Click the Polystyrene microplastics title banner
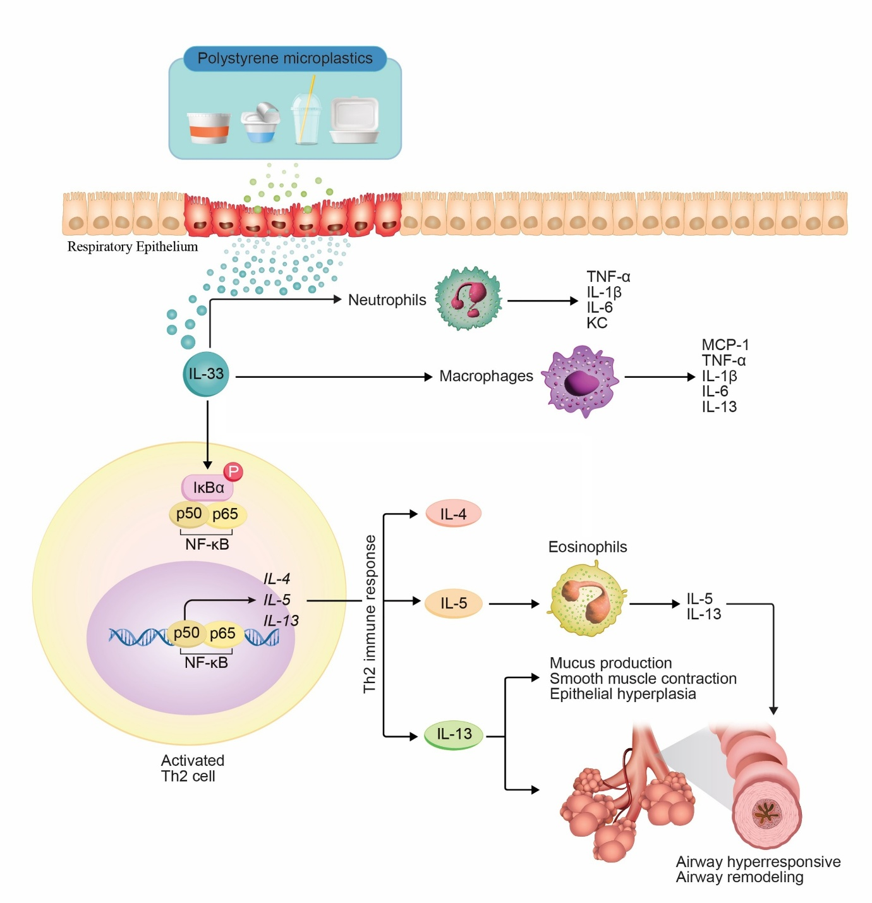pyautogui.click(x=284, y=59)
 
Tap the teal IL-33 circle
pyautogui.click(x=206, y=374)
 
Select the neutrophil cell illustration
pyautogui.click(x=468, y=299)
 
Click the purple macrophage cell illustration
pyautogui.click(x=580, y=380)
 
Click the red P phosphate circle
pyautogui.click(x=233, y=471)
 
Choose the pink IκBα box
pyautogui.click(x=207, y=488)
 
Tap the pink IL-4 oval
pyautogui.click(x=453, y=514)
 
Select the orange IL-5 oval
pyautogui.click(x=453, y=603)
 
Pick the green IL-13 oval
pyautogui.click(x=454, y=734)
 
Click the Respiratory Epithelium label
pyautogui.click(x=133, y=247)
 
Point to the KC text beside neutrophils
pyautogui.click(x=596, y=323)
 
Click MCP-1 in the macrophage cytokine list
pyautogui.click(x=725, y=345)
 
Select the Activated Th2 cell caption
pyautogui.click(x=191, y=768)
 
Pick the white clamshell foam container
pyautogui.click(x=354, y=120)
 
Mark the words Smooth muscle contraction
pyautogui.click(x=643, y=679)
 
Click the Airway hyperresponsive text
pyautogui.click(x=758, y=862)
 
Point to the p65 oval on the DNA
pyautogui.click(x=222, y=634)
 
